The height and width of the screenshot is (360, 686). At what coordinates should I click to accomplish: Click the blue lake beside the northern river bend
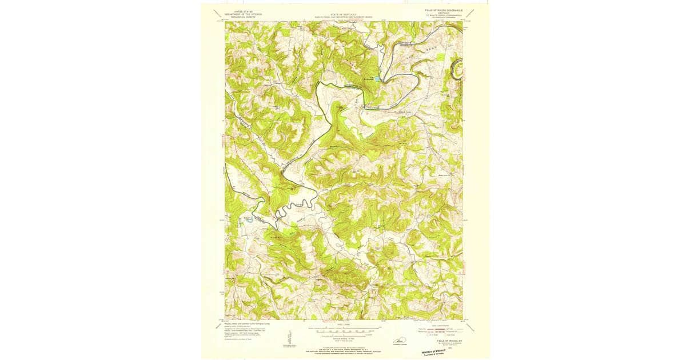(x=376, y=79)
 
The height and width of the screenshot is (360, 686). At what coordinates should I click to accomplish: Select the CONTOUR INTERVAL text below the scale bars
(x=341, y=338)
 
